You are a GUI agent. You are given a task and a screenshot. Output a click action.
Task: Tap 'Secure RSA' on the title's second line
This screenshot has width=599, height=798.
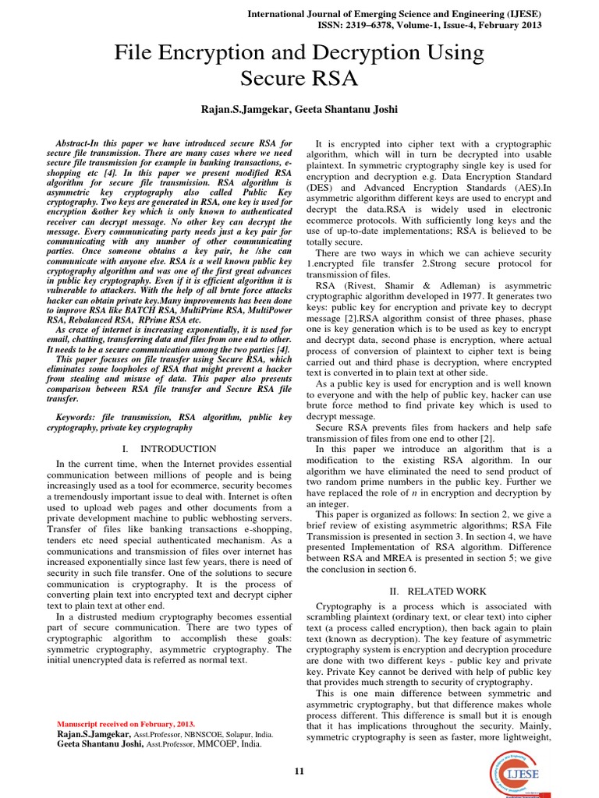coord(299,79)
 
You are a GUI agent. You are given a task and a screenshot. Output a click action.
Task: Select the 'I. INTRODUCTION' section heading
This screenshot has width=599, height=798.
coord(170,449)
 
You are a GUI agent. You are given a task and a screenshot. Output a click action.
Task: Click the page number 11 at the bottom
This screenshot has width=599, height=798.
coord(299,771)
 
